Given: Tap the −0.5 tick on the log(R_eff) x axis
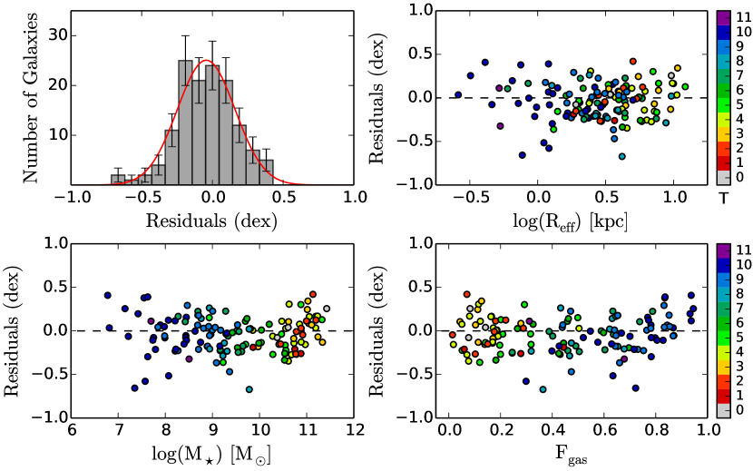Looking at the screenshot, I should pos(471,201).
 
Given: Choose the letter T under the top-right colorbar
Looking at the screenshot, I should pos(724,198).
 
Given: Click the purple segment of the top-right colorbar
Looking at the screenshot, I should pos(724,17).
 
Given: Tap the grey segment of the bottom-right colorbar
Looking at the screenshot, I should pos(724,410).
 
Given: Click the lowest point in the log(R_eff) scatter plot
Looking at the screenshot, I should pos(622,156).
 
